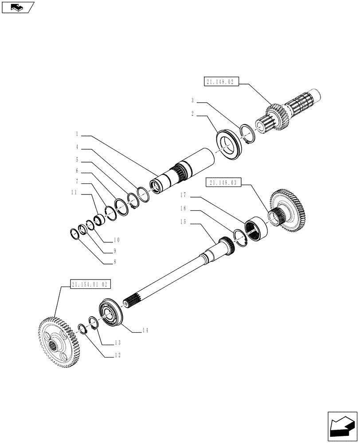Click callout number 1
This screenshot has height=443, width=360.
coord(77,133)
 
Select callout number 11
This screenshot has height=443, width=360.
coord(74,193)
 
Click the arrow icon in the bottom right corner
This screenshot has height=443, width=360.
coord(341,427)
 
